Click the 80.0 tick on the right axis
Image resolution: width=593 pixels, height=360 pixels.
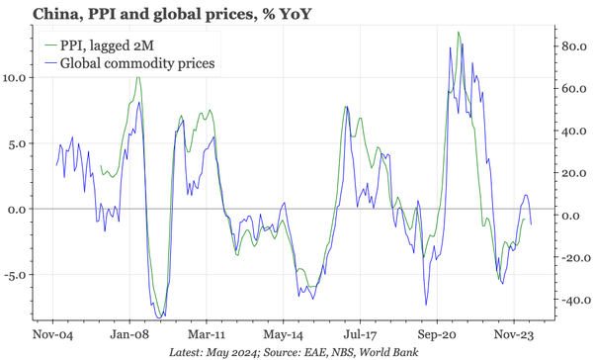pyautogui.click(x=574, y=45)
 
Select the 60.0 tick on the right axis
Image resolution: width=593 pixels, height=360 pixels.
pyautogui.click(x=574, y=88)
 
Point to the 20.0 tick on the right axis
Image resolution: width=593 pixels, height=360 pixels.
pyautogui.click(x=574, y=173)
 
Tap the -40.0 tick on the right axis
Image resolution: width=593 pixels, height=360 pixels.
pyautogui.click(x=572, y=301)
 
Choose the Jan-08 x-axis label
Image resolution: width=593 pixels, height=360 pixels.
pyautogui.click(x=129, y=334)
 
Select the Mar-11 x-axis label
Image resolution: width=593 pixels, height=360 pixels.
pyautogui.click(x=206, y=334)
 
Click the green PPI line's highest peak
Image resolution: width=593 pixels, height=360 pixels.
pyautogui.click(x=459, y=33)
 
